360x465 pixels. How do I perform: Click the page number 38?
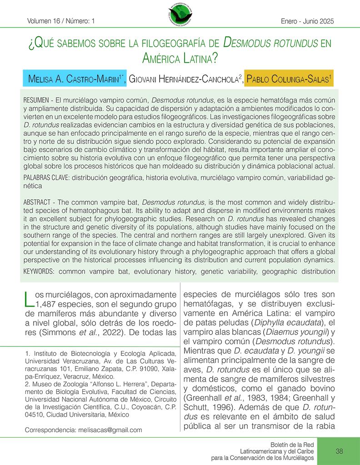[x=339, y=451]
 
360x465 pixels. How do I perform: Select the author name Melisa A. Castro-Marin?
[x=75, y=79]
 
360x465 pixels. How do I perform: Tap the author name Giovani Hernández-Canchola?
[x=185, y=79]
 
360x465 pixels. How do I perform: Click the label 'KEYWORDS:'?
[x=39, y=271]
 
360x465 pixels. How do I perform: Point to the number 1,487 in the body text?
[x=50, y=305]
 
